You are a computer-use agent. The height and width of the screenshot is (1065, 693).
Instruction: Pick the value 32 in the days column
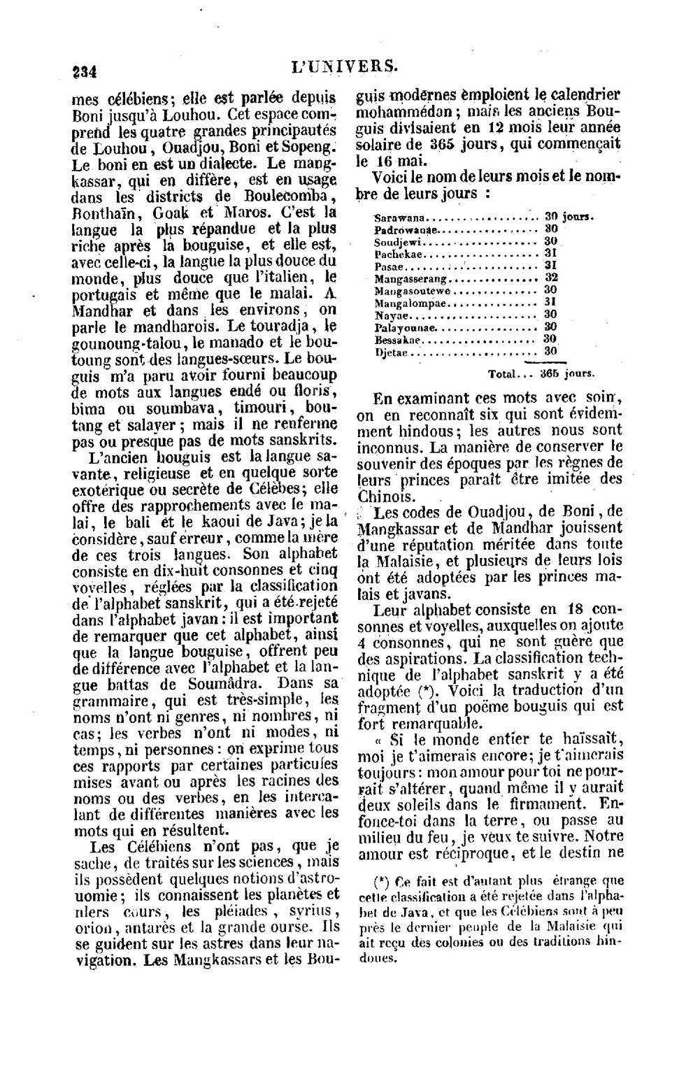pos(550,278)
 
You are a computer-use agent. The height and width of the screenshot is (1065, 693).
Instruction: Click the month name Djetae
pos(391,352)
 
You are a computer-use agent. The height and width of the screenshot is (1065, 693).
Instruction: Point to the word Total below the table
pos(503,374)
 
